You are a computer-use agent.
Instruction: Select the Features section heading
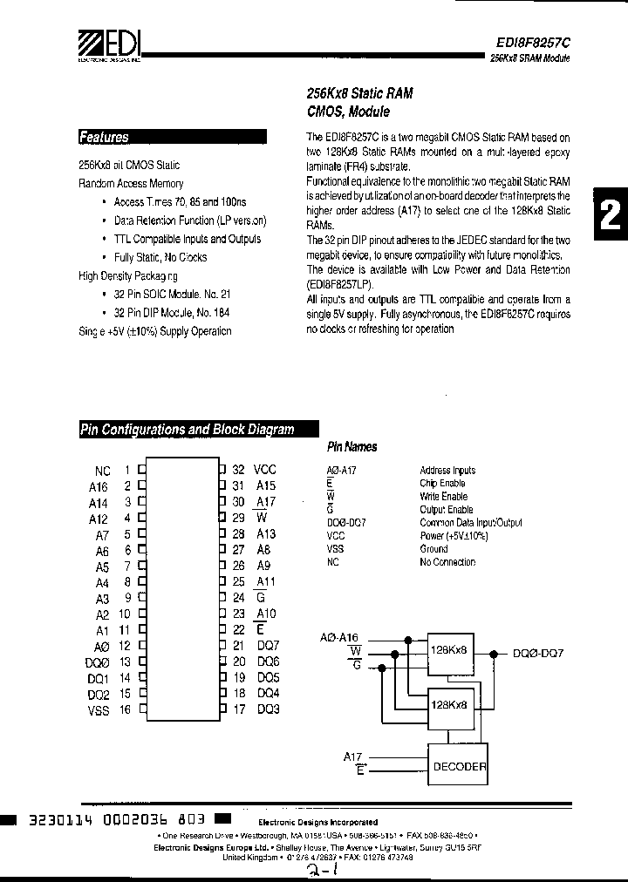tap(104, 137)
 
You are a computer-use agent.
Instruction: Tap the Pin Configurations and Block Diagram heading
tap(188, 430)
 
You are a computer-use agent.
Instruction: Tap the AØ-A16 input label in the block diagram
tap(346, 639)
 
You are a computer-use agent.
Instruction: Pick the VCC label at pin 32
tap(264, 470)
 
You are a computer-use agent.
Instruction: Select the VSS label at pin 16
tap(99, 711)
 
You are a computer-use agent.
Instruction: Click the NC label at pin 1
tap(102, 470)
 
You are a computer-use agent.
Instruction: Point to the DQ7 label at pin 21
tap(268, 645)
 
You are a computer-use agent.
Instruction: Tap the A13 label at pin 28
tap(266, 533)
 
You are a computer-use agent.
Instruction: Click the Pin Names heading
tap(352, 447)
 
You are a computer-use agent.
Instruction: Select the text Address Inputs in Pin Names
tap(447, 471)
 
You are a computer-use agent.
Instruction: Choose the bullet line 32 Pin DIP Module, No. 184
tap(172, 312)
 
